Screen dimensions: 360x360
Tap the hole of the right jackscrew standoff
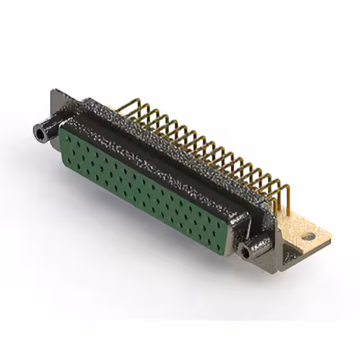(x=245, y=251)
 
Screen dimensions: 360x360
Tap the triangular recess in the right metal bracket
(x=291, y=256)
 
